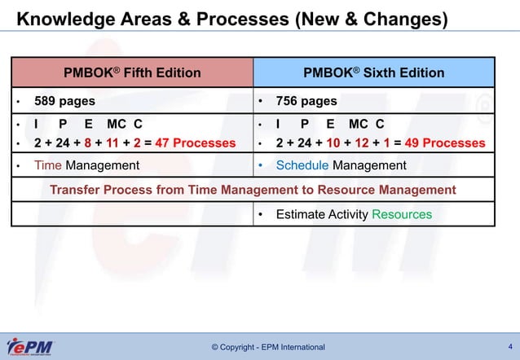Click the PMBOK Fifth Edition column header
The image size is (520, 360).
coord(132,72)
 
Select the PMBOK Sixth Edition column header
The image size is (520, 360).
coord(374,72)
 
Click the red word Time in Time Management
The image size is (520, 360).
coord(47,165)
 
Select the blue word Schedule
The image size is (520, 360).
coord(302,165)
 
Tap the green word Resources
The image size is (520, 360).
coord(402,214)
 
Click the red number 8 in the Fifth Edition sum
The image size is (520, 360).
coord(87,143)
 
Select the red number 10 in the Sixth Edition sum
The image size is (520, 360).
coord(333,143)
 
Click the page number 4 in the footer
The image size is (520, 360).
coord(509,346)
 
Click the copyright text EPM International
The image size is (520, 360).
coord(267,348)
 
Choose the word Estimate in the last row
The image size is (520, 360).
coord(301,214)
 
